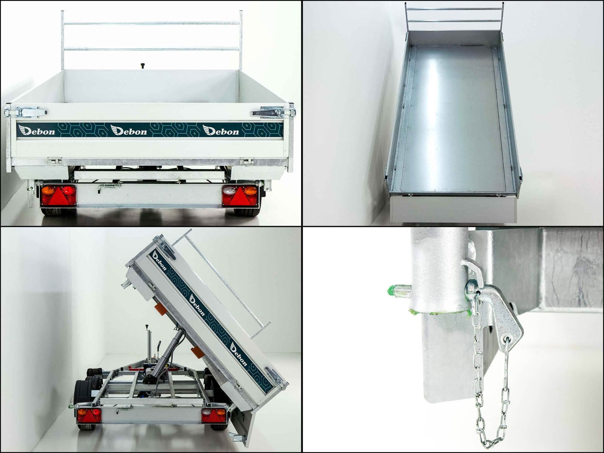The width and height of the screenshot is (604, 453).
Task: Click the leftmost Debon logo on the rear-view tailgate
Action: point(36,130)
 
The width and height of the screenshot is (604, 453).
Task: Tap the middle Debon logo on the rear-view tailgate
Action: point(128,130)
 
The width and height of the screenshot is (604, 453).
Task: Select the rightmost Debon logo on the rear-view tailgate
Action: point(221,130)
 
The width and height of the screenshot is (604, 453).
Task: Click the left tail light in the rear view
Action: point(59,196)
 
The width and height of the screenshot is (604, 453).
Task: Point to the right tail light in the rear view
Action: point(240,196)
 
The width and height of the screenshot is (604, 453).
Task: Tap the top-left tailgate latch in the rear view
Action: point(26,112)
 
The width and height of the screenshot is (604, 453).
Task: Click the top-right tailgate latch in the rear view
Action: point(274,112)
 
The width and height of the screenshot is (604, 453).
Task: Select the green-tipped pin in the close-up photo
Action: point(399,290)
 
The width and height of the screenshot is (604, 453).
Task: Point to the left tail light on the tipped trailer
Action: point(89,415)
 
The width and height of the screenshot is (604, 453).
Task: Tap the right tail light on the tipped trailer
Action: point(214,415)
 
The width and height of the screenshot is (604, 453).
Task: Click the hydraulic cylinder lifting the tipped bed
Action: point(168,355)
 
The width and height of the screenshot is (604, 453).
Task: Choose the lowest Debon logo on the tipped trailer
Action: point(238,355)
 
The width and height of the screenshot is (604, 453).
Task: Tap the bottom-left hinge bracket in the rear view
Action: point(54,161)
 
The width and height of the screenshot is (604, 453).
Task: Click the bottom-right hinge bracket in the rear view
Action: point(246,161)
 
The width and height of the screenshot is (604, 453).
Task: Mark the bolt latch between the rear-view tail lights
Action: point(109,188)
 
